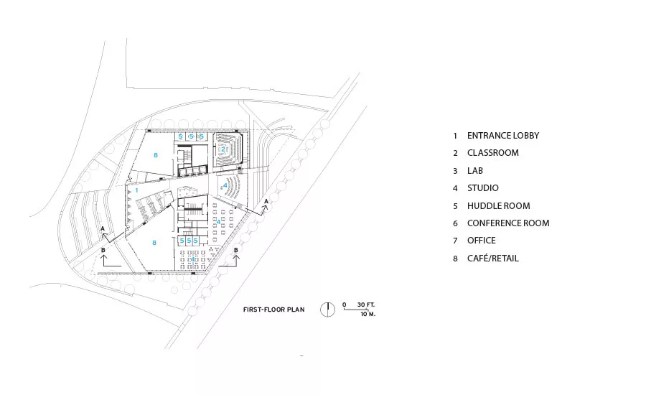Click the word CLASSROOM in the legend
(492, 153)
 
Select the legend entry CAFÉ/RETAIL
(492, 259)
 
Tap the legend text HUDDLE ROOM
(499, 205)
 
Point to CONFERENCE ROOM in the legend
(508, 223)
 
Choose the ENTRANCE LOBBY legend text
(503, 136)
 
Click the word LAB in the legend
(475, 171)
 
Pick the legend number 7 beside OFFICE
(455, 241)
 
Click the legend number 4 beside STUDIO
(455, 188)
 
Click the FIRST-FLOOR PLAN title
(274, 310)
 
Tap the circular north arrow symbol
(327, 310)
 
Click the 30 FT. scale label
(366, 305)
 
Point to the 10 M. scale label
(368, 314)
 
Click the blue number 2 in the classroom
(223, 149)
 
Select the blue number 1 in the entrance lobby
(137, 190)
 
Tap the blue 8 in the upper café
(155, 155)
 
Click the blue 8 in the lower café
(154, 243)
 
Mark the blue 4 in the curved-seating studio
(225, 185)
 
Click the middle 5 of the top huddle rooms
(191, 136)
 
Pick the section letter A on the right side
(266, 201)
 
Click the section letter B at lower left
(103, 250)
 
